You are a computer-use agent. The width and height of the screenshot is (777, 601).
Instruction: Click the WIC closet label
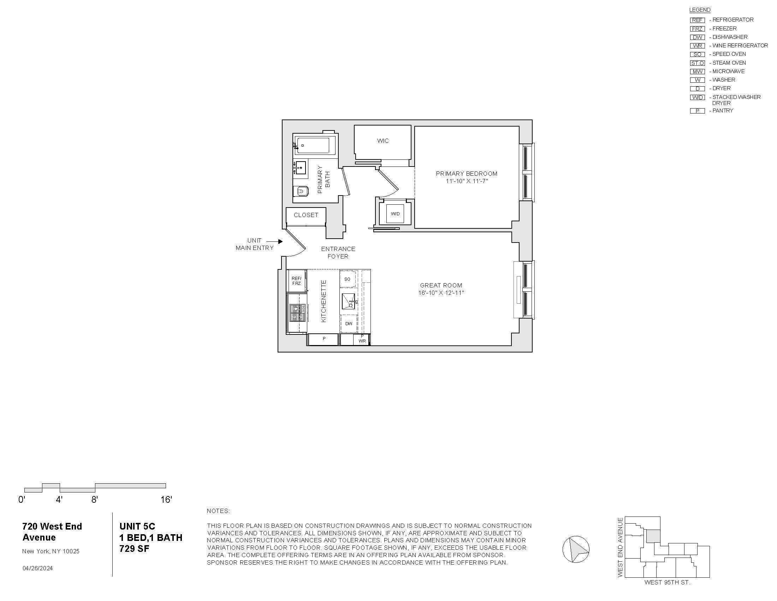coord(383,141)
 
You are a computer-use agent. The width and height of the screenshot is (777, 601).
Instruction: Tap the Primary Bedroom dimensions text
coord(467,181)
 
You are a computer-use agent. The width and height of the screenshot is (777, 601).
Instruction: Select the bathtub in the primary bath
coord(315,145)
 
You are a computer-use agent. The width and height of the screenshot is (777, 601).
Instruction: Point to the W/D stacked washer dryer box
coord(395,214)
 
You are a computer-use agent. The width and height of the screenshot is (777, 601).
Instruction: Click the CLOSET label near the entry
coord(306,215)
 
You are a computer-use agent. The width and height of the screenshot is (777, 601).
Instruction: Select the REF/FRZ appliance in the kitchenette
coord(296,281)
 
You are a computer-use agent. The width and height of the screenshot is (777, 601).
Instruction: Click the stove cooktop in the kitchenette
coord(297,313)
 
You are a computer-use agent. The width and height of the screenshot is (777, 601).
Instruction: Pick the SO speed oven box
coord(348,279)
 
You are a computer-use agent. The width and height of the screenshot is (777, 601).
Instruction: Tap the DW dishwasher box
coord(349,323)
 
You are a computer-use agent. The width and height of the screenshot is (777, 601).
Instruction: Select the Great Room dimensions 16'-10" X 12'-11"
coord(441,293)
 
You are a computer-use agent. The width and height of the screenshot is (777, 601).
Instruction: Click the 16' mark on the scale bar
coord(166,500)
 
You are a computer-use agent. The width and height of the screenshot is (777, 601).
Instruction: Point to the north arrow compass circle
coord(576,549)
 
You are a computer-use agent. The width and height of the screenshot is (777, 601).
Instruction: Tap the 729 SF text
coord(134,549)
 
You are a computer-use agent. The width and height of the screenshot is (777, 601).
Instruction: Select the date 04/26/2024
coord(37,568)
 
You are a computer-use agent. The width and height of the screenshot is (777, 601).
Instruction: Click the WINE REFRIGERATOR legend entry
coord(739,46)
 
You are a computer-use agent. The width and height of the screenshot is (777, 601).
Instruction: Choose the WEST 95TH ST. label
coord(667,583)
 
